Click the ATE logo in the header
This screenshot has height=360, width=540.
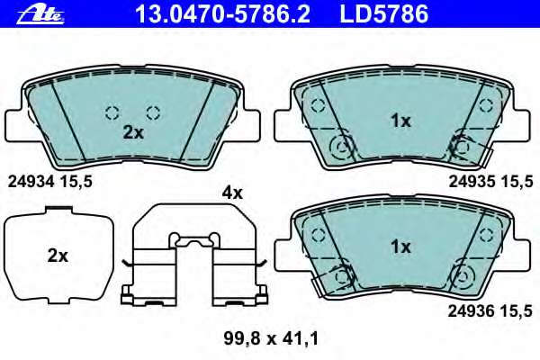(x=40, y=14)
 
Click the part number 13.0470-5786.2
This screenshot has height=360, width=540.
(x=223, y=14)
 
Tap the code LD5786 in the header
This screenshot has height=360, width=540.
(x=384, y=14)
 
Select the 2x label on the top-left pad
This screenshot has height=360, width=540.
(x=133, y=132)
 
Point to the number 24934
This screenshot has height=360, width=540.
(x=31, y=182)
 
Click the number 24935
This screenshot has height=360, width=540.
(x=472, y=182)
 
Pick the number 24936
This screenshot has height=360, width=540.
(x=472, y=311)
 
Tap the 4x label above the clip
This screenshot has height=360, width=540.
(x=232, y=193)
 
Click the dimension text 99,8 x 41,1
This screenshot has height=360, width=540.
(x=271, y=338)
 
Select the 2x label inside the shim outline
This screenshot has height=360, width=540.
(x=58, y=256)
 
